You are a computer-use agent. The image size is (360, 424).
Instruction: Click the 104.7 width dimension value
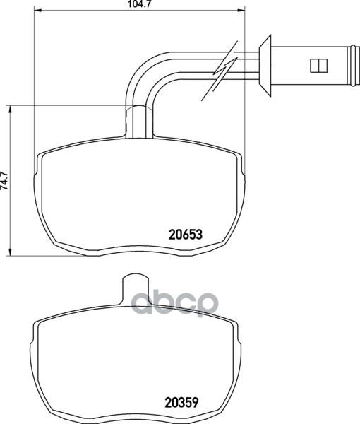139,4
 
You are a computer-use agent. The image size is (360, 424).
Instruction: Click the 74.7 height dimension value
5,180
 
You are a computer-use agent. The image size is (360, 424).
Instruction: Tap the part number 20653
186,235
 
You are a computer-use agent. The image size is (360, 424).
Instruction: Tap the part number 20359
181,402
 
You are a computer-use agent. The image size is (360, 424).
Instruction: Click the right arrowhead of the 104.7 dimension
241,11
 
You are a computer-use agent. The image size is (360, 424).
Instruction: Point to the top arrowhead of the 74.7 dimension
11,110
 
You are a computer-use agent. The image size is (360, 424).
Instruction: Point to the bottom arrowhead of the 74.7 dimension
11,252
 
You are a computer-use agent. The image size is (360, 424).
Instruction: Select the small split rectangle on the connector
318,66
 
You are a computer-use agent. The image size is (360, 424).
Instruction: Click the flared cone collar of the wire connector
265,66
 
